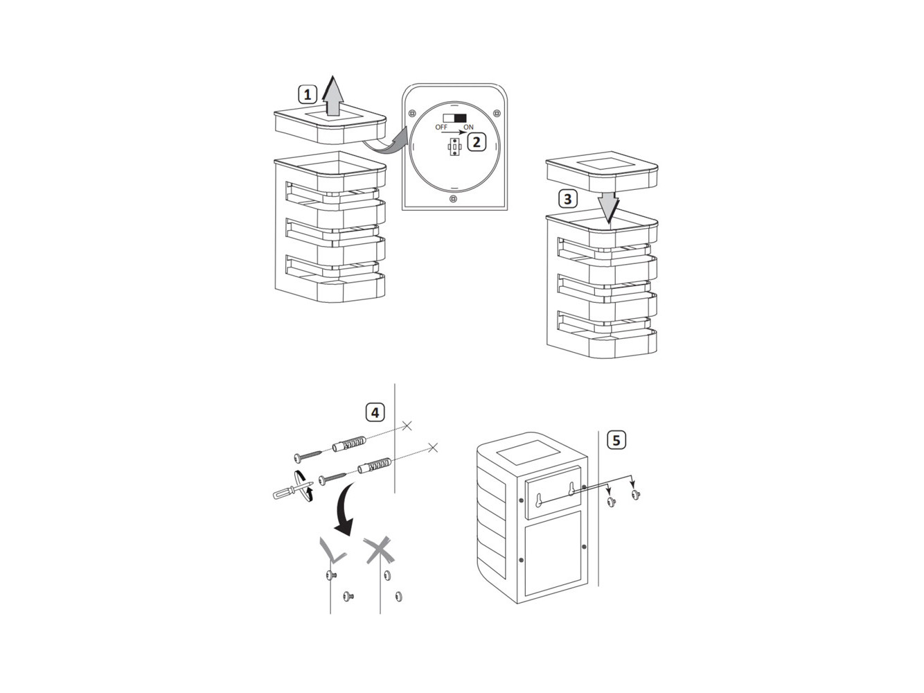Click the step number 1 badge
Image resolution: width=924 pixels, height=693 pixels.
coord(308,94)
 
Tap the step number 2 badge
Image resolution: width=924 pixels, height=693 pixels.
coord(476,142)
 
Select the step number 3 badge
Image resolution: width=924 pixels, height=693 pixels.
coord(567,199)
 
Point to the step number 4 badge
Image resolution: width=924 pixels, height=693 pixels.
coord(375,412)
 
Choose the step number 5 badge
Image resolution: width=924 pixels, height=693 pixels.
coord(616,440)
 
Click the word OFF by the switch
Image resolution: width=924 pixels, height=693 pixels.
coord(441,127)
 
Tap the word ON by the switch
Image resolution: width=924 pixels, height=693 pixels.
coord(468,127)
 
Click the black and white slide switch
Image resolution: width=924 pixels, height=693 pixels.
coord(454,118)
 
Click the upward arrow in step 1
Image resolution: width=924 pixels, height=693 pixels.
coord(333,96)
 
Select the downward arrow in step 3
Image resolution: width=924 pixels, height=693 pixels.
coord(608,207)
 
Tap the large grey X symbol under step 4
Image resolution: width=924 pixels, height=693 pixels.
coord(380,550)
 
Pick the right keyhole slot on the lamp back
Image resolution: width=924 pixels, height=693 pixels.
coord(571,489)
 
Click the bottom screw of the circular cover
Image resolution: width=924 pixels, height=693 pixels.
coord(453,199)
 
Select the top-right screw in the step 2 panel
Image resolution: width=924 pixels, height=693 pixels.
coord(497,113)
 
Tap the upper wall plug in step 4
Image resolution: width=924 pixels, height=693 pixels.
coord(349,444)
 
